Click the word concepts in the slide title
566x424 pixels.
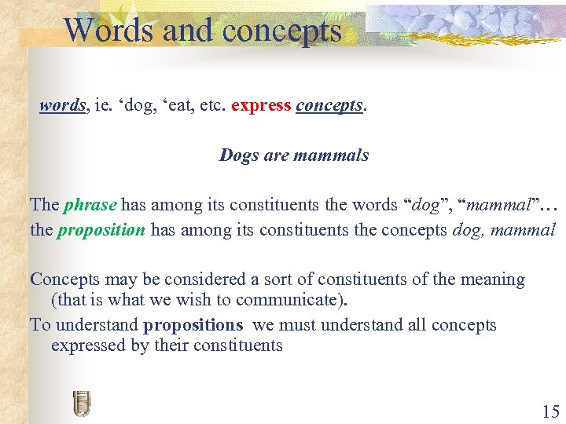[x=282, y=31]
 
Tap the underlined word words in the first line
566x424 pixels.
[x=62, y=106]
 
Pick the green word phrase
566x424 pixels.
[x=90, y=206]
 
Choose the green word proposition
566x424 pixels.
[x=101, y=230]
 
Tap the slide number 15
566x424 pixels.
[x=550, y=411]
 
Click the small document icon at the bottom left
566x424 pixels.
[x=81, y=403]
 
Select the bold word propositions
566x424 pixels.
[x=193, y=325]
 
